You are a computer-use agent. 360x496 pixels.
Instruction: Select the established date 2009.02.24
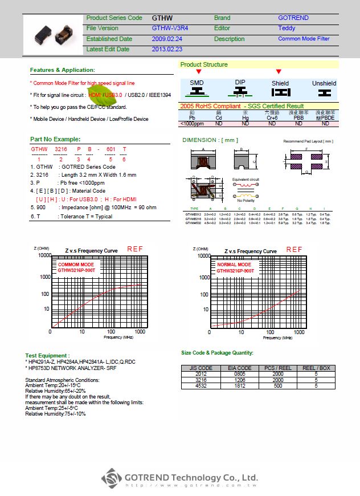(x=167, y=39)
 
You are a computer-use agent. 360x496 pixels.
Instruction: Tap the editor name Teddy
(x=287, y=28)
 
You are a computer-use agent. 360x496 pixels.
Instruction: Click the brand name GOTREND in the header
(x=293, y=18)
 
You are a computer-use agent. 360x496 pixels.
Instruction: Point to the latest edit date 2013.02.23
(x=167, y=50)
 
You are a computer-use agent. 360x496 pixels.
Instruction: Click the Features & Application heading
(x=62, y=70)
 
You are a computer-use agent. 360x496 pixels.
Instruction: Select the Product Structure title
(x=204, y=64)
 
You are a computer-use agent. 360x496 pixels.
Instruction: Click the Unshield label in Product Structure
(x=324, y=83)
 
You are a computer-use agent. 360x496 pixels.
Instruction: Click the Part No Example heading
(x=55, y=139)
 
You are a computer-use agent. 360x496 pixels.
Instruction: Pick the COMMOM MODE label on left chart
(x=76, y=265)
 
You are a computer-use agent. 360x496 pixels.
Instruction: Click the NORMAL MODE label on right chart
(x=234, y=265)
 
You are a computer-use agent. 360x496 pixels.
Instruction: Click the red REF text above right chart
(x=294, y=249)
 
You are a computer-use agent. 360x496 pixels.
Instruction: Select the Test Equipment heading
(x=47, y=355)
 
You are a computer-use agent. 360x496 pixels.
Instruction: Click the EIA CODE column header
(x=240, y=368)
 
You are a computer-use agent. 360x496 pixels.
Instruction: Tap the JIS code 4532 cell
(x=201, y=386)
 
